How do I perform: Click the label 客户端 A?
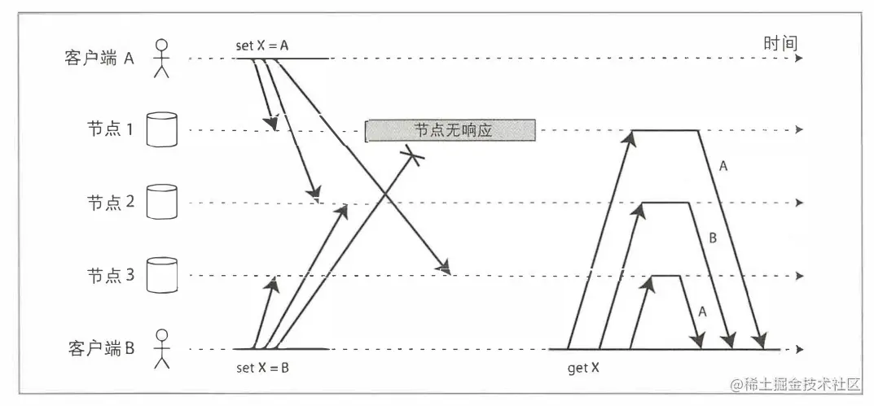(99, 59)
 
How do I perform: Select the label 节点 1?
(110, 130)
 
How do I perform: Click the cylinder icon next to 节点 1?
(161, 130)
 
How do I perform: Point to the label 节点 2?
(110, 203)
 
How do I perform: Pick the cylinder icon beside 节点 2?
(161, 202)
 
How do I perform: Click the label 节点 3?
(110, 275)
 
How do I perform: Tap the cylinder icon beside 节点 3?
(161, 275)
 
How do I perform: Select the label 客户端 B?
(99, 348)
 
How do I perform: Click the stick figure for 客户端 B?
(162, 347)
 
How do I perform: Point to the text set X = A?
(262, 46)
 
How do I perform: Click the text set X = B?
(262, 368)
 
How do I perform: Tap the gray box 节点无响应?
(450, 130)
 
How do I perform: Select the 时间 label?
(780, 43)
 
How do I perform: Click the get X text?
(583, 368)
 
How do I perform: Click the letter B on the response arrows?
(712, 238)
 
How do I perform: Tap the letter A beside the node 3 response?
(702, 310)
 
